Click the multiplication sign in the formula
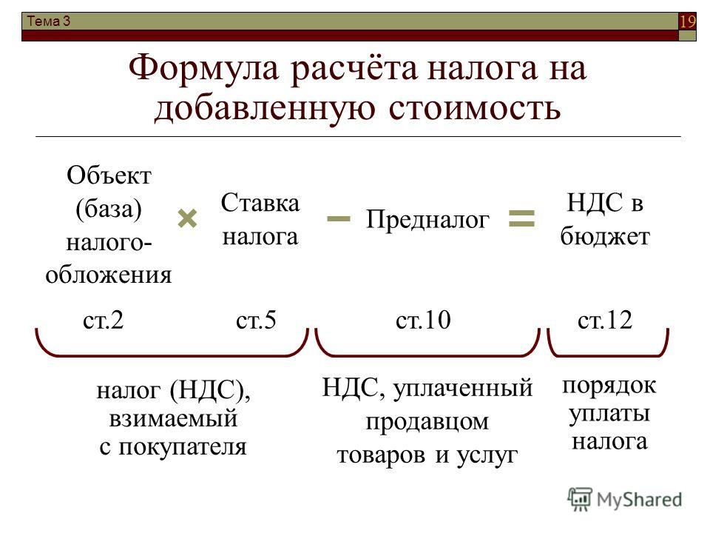click(x=187, y=218)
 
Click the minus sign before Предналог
click(x=338, y=219)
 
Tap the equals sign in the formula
click(x=521, y=218)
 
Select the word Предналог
click(x=427, y=220)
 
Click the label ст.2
click(x=104, y=320)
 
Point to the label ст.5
click(x=256, y=320)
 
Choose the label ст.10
click(x=423, y=320)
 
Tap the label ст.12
click(x=605, y=320)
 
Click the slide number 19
click(x=687, y=21)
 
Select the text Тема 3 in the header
click(x=49, y=21)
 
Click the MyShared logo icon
click(x=580, y=500)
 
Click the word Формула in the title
click(x=203, y=68)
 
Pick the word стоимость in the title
click(x=475, y=108)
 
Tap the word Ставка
click(x=260, y=203)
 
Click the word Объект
click(x=109, y=175)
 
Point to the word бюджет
click(x=605, y=236)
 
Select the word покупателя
click(x=183, y=447)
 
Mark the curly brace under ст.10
click(x=427, y=355)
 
